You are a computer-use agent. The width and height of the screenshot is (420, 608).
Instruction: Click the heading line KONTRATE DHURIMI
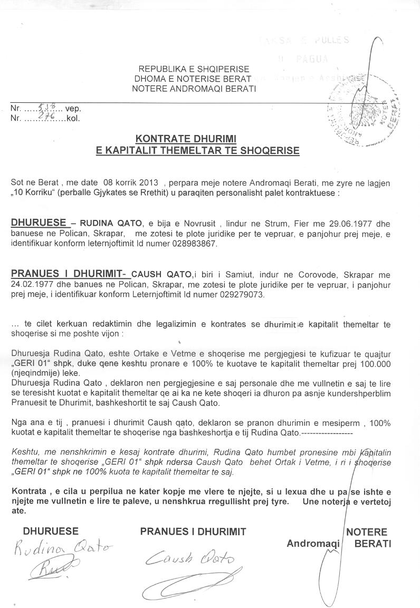(x=186, y=139)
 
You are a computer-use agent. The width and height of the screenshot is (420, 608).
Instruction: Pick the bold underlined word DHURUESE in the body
(x=39, y=222)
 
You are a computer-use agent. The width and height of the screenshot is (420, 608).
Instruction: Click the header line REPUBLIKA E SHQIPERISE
(x=194, y=69)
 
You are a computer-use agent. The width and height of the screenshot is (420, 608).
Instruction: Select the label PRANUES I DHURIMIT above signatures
(x=193, y=532)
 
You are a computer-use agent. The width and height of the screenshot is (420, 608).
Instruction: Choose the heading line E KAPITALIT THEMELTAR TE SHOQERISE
(x=197, y=151)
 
